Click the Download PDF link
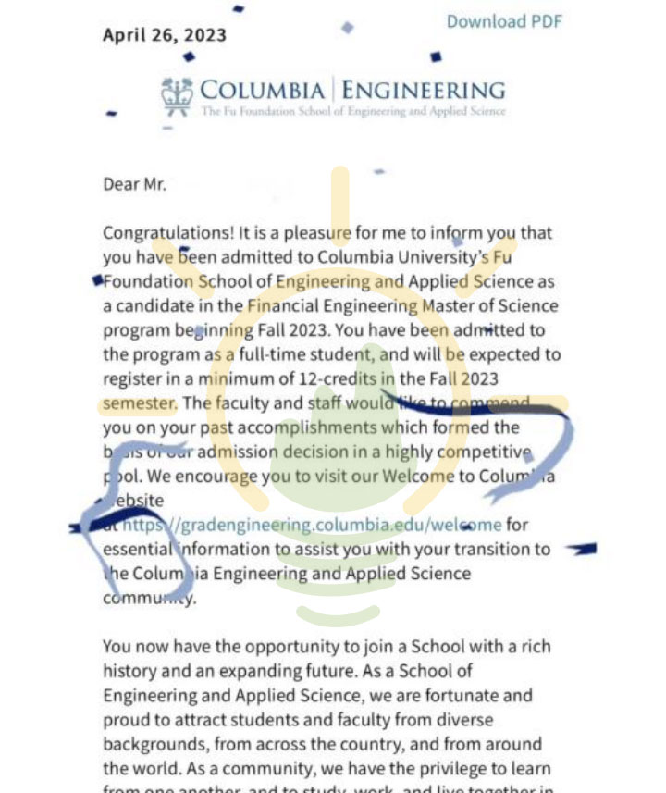pos(504,21)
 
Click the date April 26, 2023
pos(164,35)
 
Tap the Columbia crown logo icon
pos(177,94)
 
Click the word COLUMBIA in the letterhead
pos(263,91)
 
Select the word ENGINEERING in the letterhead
pos(423,91)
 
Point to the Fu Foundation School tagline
pos(353,112)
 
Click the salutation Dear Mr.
pos(135,184)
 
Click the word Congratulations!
pos(167,233)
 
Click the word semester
pos(139,403)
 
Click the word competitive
pos(485,452)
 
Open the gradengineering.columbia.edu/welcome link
pos(313,525)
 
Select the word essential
pos(138,549)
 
